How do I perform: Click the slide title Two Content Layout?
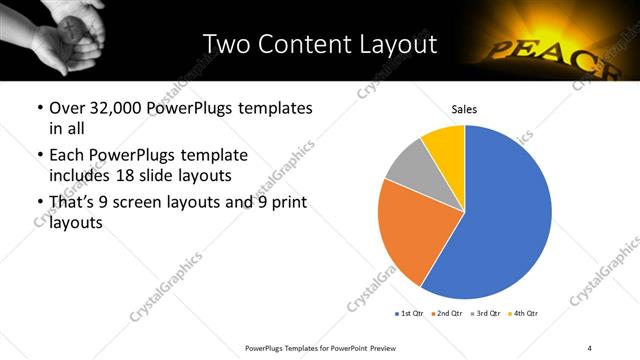coord(319,44)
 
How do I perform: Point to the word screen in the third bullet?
coord(163,202)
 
